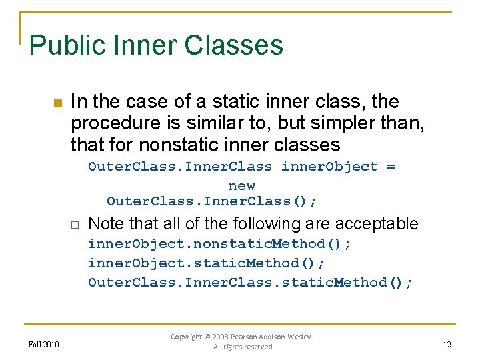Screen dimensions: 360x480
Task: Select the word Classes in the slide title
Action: pos(233,45)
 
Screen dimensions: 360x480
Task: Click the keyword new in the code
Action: pos(241,185)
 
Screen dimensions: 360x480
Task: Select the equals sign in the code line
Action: pos(391,167)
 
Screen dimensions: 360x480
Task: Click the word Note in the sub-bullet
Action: pos(105,223)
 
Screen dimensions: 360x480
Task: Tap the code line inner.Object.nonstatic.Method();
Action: pos(220,243)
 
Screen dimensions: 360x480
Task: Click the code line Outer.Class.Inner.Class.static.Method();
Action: pos(251,282)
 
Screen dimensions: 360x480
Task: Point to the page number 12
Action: pos(447,344)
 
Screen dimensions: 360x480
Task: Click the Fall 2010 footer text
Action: pos(44,344)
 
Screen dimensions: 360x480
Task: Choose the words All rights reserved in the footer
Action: pos(243,347)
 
